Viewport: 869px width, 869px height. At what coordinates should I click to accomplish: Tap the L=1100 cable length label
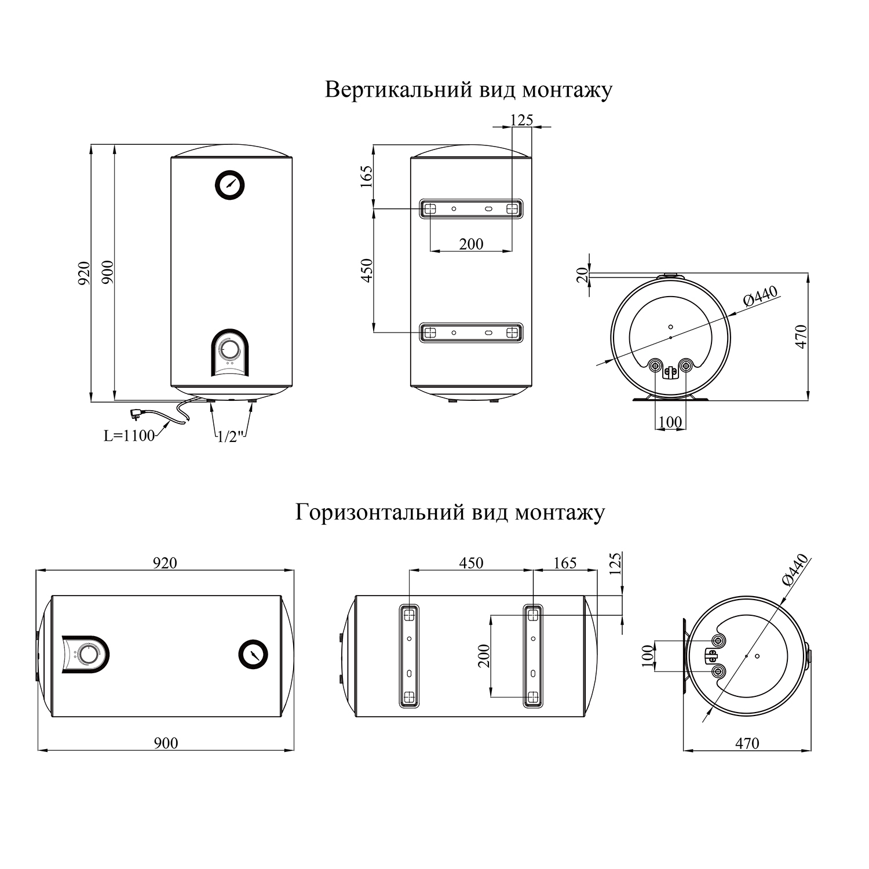coord(129,436)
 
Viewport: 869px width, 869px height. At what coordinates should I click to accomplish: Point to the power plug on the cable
coord(138,414)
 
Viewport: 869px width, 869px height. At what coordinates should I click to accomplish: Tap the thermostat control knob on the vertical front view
coord(230,350)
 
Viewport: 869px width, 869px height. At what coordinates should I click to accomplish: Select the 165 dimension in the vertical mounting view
coord(366,177)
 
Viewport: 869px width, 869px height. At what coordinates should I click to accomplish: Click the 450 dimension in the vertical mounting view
coord(366,271)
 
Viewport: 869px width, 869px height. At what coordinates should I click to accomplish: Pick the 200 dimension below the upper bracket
coord(471,244)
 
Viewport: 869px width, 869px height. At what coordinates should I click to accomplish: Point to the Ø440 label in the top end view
coord(760,297)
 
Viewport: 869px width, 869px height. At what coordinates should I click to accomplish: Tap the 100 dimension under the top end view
coord(670,422)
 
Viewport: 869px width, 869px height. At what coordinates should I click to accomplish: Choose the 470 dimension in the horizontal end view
coord(747,743)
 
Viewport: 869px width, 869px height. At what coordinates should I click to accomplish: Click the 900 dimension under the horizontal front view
coord(166,743)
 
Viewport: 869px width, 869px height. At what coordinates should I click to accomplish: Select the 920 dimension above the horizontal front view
coord(165,563)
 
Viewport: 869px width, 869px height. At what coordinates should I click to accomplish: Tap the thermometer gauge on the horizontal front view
coord(253,655)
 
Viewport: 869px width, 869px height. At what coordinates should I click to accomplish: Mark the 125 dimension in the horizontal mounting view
coord(615,563)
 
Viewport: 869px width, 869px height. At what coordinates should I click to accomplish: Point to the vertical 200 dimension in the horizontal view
coord(484,656)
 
